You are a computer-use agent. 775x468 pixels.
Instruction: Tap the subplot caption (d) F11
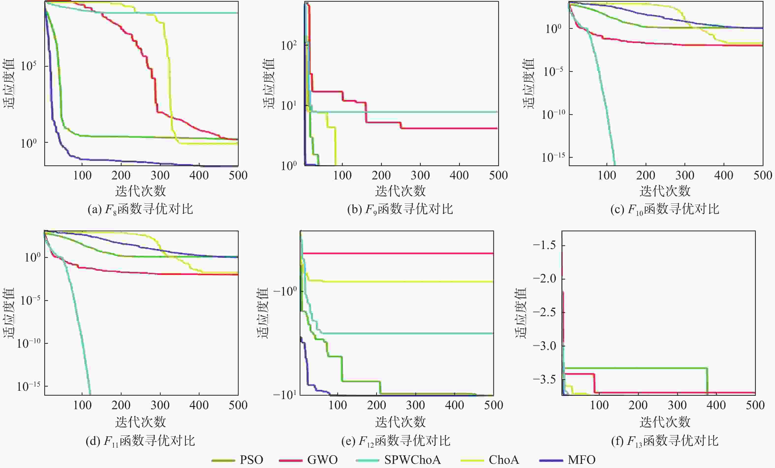point(140,441)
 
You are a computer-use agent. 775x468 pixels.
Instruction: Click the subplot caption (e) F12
point(396,441)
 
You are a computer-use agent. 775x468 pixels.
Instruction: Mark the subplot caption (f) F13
point(665,441)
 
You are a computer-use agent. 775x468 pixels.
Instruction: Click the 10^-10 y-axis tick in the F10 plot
point(553,114)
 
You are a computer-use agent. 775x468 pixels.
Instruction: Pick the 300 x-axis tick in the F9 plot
point(420,175)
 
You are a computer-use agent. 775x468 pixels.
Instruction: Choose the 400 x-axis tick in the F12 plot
point(454,405)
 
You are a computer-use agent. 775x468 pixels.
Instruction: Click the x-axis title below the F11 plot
point(140,422)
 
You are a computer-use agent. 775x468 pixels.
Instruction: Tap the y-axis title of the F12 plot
point(263,313)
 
